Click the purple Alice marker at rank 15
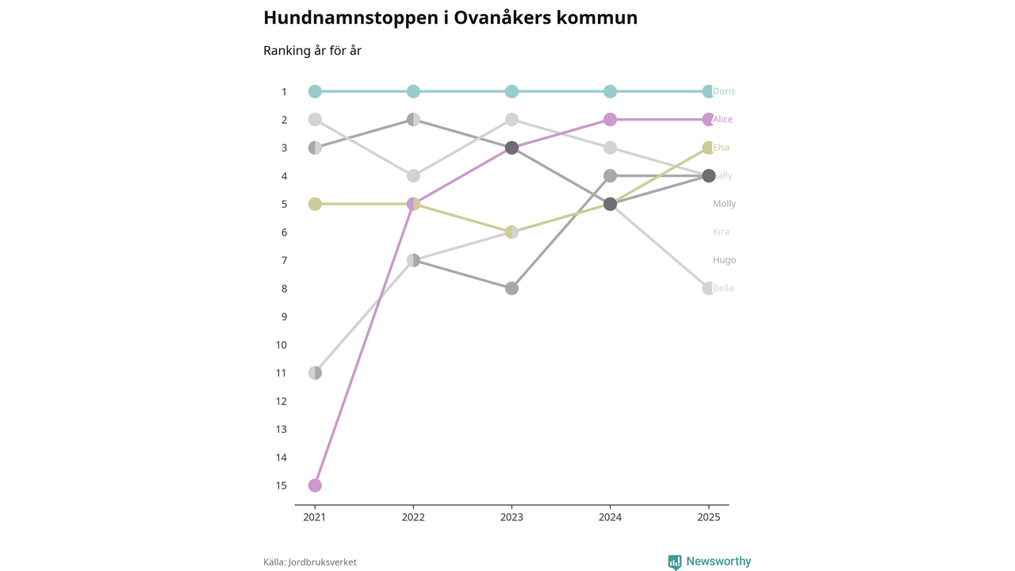pos(315,485)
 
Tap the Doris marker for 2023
pos(511,91)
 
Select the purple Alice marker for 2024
pos(610,120)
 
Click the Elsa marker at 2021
pos(315,204)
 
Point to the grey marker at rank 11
pos(315,373)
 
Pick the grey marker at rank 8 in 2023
pos(511,289)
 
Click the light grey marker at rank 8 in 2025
pos(708,289)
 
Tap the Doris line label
pos(724,91)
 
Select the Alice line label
pos(722,120)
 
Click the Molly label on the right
pos(724,204)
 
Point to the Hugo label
pos(724,260)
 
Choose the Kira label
pos(721,232)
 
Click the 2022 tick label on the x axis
pos(413,517)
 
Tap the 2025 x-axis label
pos(708,517)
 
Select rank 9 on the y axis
pos(283,316)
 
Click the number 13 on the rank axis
pos(281,429)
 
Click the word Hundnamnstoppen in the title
pos(350,17)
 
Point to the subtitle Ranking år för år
pos(312,51)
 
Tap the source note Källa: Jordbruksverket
pos(310,562)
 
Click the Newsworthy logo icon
pos(675,562)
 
